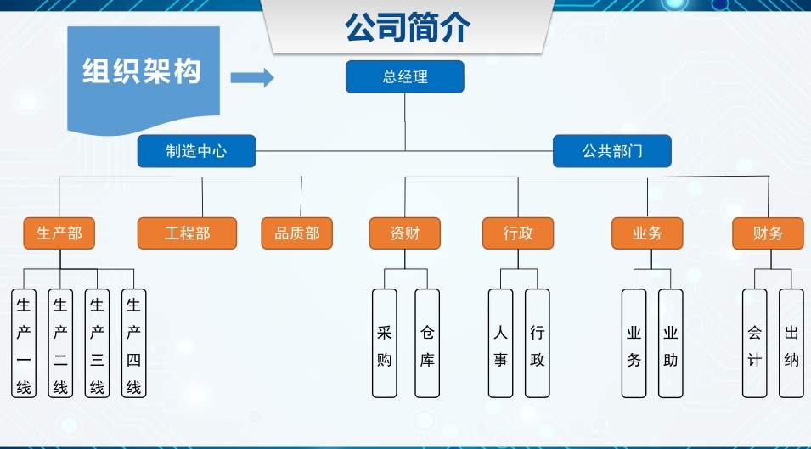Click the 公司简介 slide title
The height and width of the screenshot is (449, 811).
click(x=407, y=27)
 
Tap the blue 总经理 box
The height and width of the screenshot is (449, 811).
click(x=404, y=77)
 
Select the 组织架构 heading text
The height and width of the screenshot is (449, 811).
click(x=142, y=71)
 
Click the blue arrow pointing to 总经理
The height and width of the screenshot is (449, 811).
click(x=252, y=78)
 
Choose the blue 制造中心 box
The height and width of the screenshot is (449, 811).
click(x=196, y=152)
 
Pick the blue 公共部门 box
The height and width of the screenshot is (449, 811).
click(x=611, y=152)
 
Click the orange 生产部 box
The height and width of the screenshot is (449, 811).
click(x=59, y=233)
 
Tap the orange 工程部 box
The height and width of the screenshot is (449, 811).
click(x=187, y=233)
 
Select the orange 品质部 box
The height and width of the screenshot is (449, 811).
click(x=296, y=233)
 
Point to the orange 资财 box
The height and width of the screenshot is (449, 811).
click(x=404, y=233)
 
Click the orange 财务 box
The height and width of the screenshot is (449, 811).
click(x=768, y=233)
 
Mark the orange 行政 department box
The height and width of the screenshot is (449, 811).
click(x=518, y=233)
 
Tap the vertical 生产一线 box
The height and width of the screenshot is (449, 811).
click(x=24, y=344)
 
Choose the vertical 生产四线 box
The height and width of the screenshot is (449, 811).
click(x=133, y=344)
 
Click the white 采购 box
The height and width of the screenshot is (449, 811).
click(x=385, y=344)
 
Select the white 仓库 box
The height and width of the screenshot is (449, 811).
click(x=427, y=344)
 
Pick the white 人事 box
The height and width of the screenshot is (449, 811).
click(x=501, y=344)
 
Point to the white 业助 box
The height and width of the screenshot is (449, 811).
click(x=671, y=344)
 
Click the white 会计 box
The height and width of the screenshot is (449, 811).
click(x=754, y=344)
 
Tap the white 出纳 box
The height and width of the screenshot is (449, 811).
click(x=791, y=344)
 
